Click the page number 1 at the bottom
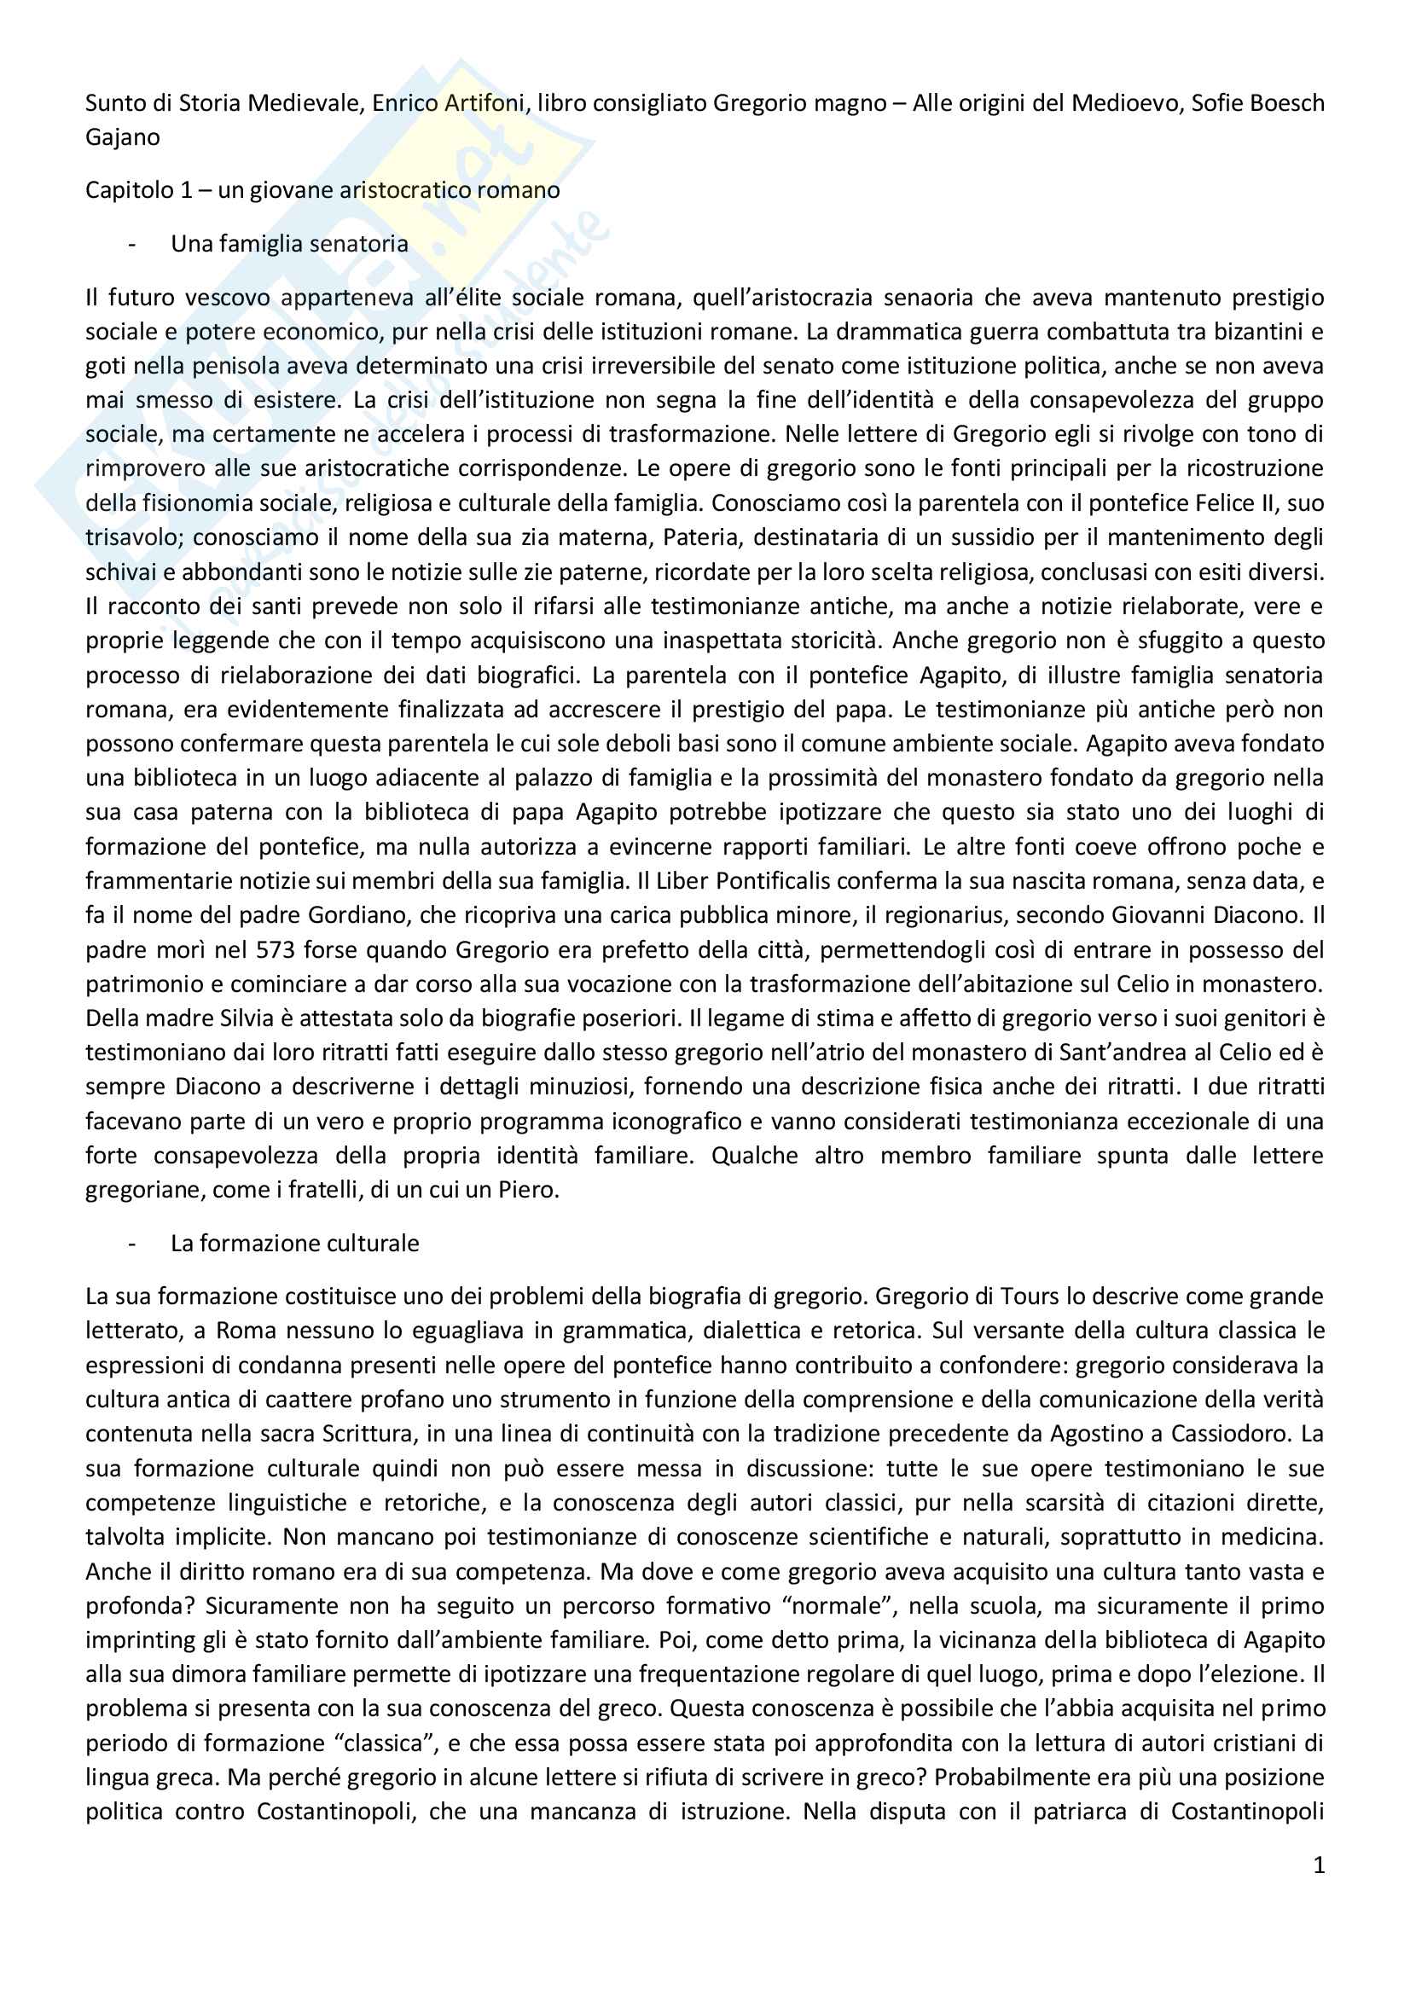click(1319, 1865)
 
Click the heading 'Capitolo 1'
click(139, 190)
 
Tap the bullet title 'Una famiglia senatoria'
click(289, 244)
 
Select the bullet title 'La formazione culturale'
click(294, 1244)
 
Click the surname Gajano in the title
click(123, 137)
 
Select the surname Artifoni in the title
click(482, 103)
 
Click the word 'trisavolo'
click(133, 537)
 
